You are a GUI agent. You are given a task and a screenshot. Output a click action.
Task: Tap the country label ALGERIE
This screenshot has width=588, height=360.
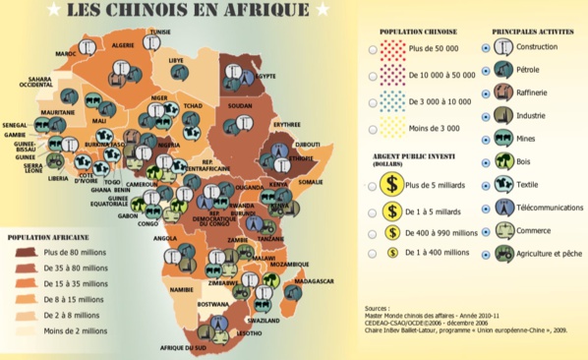pos(123,45)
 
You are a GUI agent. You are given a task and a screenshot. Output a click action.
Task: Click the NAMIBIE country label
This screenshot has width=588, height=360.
pos(181,290)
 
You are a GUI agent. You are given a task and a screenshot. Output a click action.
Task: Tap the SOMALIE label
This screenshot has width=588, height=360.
pos(311,181)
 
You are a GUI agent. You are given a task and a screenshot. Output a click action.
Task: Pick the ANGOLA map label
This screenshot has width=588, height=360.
pos(164,237)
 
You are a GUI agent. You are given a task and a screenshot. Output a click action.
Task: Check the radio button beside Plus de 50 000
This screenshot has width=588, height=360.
pos(371,48)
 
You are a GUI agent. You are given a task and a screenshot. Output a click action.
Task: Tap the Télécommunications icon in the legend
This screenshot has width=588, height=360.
pos(503,208)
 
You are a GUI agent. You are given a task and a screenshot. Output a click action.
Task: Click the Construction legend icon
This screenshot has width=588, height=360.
pos(503,47)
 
